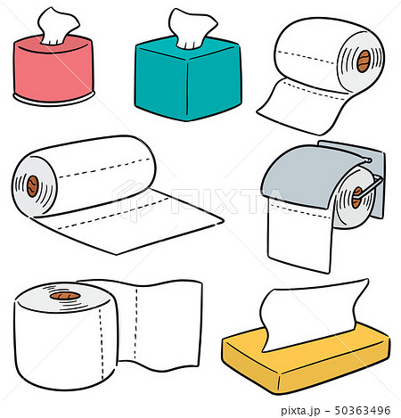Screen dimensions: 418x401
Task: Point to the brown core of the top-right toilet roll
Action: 363,61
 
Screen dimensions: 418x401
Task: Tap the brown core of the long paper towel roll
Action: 33,186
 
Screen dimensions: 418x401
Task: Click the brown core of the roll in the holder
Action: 356,197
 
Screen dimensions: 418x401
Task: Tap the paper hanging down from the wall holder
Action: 299,236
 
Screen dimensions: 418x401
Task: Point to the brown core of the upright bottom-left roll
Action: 62,295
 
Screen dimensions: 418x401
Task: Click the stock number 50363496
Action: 360,408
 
